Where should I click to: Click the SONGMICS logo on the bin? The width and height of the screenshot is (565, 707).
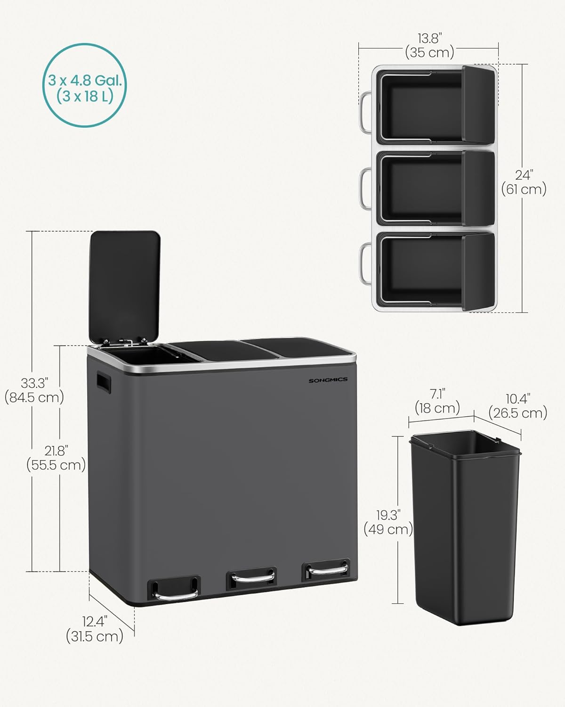(328, 380)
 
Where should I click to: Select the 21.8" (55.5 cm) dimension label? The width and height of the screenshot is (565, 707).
(56, 458)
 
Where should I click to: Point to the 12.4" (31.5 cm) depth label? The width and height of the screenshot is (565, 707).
(95, 629)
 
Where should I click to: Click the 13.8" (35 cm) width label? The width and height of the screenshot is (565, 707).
(429, 45)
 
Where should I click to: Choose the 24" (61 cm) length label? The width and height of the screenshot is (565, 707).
(523, 182)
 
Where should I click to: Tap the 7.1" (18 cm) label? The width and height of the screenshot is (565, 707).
(437, 401)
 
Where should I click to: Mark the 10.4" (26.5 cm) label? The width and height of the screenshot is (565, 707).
(518, 406)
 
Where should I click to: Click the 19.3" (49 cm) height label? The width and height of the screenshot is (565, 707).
(388, 522)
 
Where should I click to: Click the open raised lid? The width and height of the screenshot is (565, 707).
(124, 283)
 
